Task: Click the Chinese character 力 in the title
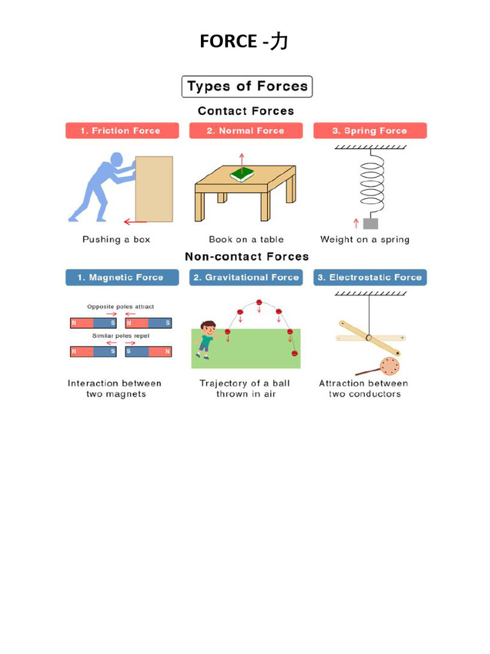click(x=279, y=42)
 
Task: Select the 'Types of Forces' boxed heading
click(x=247, y=87)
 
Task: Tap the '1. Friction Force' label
click(x=120, y=131)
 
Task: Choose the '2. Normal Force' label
click(x=245, y=131)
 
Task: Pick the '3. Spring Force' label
click(x=369, y=131)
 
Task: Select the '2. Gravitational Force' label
click(x=246, y=278)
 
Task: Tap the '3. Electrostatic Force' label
click(x=370, y=278)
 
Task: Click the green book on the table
click(x=242, y=174)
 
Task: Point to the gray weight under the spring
click(x=370, y=223)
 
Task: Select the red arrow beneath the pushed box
click(x=135, y=222)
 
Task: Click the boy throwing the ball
click(x=206, y=339)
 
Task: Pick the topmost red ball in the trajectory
click(x=259, y=302)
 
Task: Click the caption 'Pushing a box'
click(x=116, y=240)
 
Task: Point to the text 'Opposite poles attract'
click(x=120, y=307)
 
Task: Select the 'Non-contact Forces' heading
click(x=246, y=257)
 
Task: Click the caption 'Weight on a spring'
click(x=365, y=240)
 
